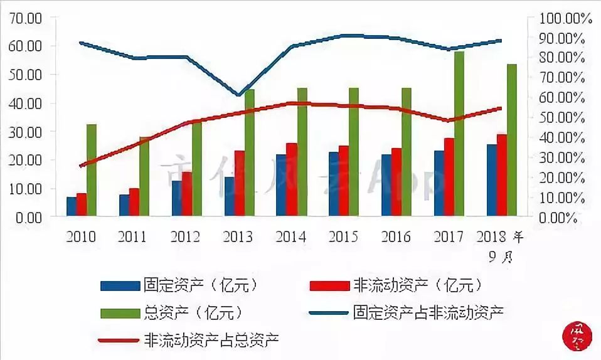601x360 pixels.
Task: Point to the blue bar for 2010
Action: [72, 207]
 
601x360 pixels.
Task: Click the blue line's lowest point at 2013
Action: [239, 95]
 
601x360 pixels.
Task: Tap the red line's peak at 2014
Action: [292, 103]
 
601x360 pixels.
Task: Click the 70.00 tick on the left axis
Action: [26, 18]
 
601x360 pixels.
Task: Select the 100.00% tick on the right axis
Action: [566, 18]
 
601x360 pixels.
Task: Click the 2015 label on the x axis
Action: [343, 236]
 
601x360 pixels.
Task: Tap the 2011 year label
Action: [132, 236]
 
